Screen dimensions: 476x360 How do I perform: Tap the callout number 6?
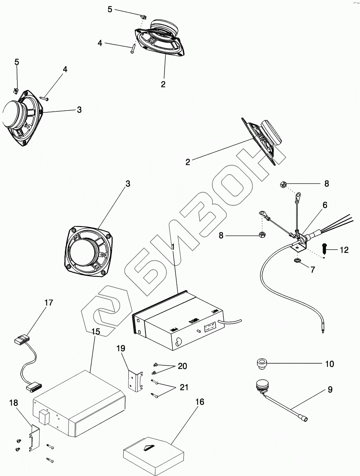point(325,205)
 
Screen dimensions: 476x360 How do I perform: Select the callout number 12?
point(344,250)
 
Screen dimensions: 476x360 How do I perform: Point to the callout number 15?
point(95,332)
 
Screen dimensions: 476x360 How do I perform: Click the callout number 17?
point(48,303)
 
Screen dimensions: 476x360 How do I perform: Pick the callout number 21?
point(184,387)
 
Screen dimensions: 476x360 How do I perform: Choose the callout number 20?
point(182,366)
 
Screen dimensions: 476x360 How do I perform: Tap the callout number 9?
point(330,390)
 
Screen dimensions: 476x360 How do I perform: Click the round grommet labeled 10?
point(261,364)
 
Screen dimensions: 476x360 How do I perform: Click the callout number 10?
point(329,364)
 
